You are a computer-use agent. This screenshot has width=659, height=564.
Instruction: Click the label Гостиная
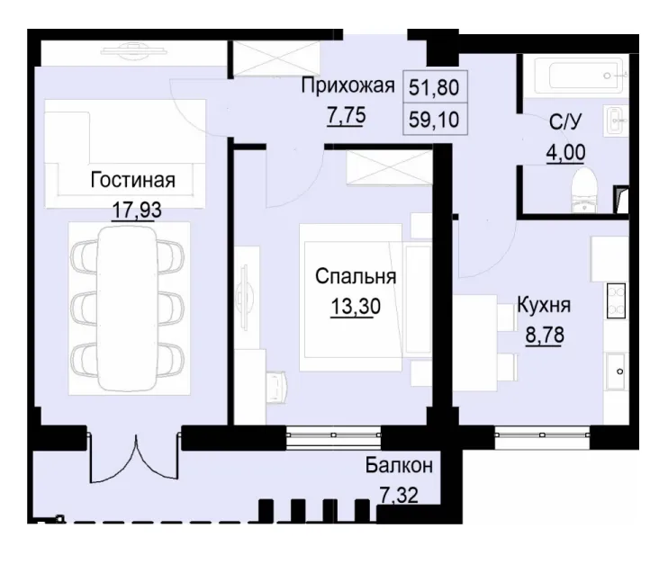[x=132, y=179]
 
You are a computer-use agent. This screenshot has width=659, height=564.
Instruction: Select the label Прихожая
[x=348, y=87]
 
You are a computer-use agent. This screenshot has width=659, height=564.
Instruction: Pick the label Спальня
[x=357, y=277]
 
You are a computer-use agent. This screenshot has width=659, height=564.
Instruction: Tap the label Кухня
[x=543, y=305]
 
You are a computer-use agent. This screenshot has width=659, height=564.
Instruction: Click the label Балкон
[x=399, y=465]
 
